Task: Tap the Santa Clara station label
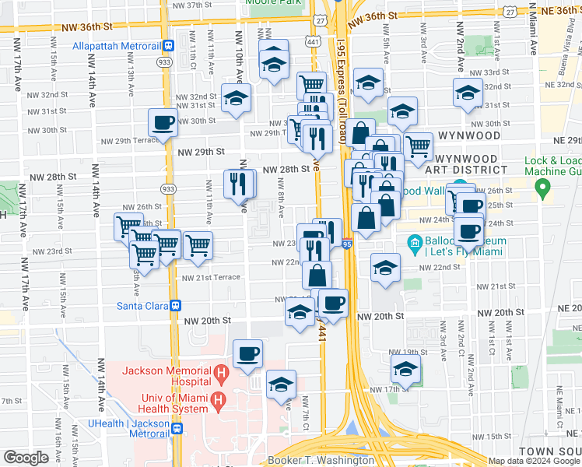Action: click(x=143, y=306)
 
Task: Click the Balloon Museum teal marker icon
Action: click(x=415, y=244)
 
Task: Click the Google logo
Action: click(x=26, y=458)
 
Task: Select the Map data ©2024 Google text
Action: click(x=535, y=461)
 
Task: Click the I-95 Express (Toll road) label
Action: click(x=342, y=78)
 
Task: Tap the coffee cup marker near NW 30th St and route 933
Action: click(x=163, y=122)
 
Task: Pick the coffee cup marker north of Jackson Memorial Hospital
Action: click(x=248, y=354)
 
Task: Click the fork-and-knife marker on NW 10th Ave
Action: click(x=239, y=184)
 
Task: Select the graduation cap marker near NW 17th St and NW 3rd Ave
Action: click(x=405, y=369)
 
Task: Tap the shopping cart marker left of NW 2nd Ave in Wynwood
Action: click(x=419, y=146)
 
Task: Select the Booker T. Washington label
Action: click(x=321, y=460)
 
